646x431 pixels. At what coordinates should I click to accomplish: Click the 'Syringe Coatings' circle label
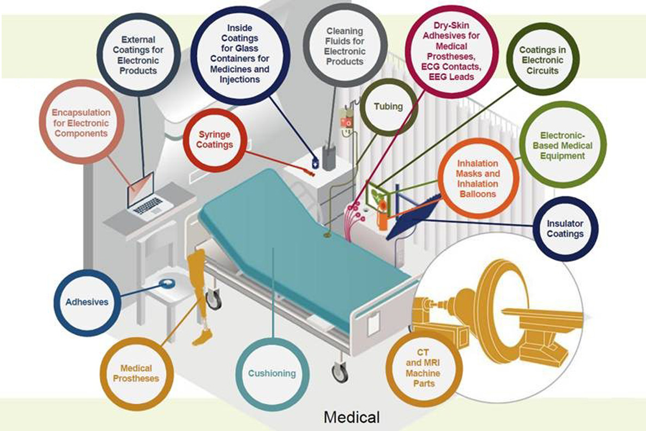point(215,140)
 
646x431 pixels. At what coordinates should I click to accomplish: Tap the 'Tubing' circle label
point(388,106)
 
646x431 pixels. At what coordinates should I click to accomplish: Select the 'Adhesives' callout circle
point(87,302)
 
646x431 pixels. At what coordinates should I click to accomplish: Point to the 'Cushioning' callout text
point(272,374)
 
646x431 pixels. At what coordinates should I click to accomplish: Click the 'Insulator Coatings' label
point(565,229)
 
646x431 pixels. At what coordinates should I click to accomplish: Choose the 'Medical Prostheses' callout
point(136,373)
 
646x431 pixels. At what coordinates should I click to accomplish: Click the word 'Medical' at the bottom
point(352,417)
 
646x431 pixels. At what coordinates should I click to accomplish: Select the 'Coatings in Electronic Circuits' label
point(542,60)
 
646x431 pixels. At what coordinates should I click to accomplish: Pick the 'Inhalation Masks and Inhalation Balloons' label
point(478,178)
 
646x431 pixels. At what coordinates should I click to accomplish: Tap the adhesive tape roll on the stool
point(168,284)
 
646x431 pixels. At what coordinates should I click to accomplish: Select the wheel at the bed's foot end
point(340,372)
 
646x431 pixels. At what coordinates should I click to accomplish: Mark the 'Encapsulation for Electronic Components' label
point(81,123)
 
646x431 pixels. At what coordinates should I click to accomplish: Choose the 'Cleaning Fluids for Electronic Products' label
point(345,46)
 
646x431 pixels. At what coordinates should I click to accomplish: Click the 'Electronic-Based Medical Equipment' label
point(563,146)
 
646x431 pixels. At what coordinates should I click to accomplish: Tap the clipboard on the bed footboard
point(373,322)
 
